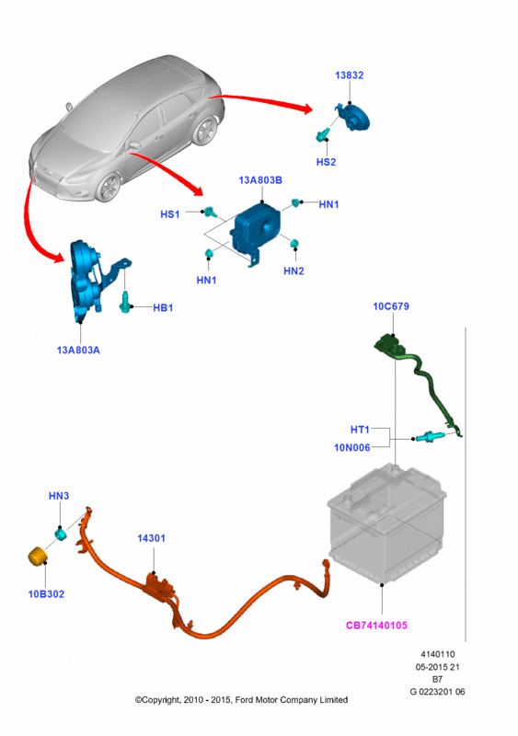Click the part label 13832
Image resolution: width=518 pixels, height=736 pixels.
click(x=349, y=75)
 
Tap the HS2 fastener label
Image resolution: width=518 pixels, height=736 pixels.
click(x=326, y=162)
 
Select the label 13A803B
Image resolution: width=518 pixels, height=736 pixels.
click(x=260, y=180)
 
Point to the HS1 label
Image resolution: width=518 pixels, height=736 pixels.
click(x=170, y=214)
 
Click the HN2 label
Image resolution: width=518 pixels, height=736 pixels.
click(x=294, y=270)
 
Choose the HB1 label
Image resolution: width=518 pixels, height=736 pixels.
click(x=163, y=308)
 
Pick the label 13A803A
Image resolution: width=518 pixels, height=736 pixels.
click(x=78, y=351)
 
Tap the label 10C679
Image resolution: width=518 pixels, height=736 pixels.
click(x=391, y=306)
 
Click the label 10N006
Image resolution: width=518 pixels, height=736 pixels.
click(x=351, y=448)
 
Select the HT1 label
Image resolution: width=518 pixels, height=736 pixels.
click(x=360, y=430)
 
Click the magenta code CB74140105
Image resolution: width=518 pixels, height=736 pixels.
click(x=376, y=626)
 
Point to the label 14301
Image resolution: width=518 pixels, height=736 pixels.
click(x=151, y=538)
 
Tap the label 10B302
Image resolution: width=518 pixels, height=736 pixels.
click(x=46, y=594)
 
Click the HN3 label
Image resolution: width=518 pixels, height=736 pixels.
click(x=59, y=496)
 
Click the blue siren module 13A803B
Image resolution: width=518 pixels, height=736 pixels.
click(x=256, y=230)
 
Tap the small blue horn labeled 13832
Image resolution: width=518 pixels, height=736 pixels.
click(x=354, y=118)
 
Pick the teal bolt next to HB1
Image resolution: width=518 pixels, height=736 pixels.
click(x=124, y=302)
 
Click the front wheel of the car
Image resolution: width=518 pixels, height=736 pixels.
click(x=109, y=187)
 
